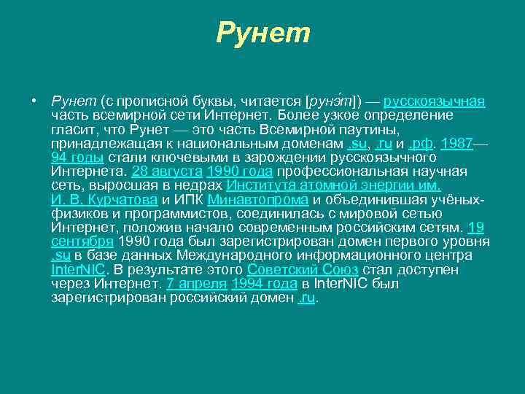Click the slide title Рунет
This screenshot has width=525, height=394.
(x=263, y=33)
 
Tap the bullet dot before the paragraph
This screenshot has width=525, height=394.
(x=34, y=101)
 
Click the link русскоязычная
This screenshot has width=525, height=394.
(x=435, y=101)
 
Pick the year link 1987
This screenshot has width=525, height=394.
(x=457, y=144)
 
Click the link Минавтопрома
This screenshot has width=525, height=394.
(x=258, y=200)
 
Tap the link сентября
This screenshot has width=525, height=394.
(x=82, y=242)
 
